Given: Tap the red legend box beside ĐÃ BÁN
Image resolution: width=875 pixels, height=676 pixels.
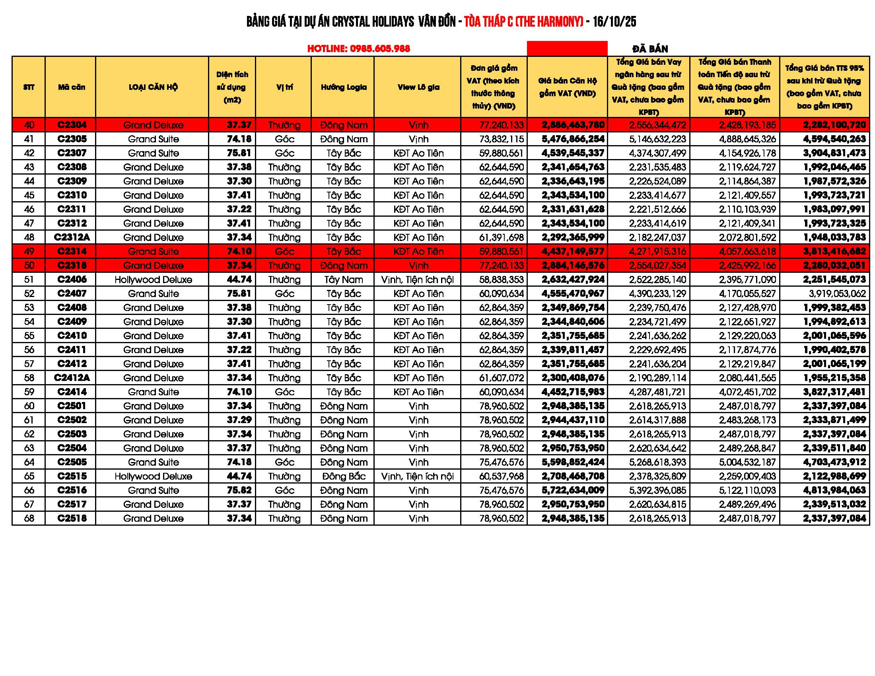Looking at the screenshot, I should [567, 49].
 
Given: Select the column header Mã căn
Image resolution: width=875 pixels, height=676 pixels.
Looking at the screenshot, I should [71, 87].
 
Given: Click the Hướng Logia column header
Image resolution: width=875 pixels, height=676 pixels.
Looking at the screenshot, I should [343, 87].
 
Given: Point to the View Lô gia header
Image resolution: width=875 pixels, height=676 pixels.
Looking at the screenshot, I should [418, 87].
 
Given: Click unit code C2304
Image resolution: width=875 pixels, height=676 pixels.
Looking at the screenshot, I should [72, 125].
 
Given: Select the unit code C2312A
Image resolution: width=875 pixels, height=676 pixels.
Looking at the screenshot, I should [72, 237].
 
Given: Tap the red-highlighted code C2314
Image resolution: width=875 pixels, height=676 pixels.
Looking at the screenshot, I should [72, 251].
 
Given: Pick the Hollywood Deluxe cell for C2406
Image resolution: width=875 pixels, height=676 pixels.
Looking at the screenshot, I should [153, 280].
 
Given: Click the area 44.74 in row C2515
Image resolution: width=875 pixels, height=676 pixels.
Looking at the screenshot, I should [239, 476].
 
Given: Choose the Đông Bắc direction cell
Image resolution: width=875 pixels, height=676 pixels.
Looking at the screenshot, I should [343, 476].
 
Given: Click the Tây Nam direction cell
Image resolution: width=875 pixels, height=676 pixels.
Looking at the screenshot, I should [343, 280].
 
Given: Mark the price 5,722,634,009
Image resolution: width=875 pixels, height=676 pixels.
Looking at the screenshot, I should [573, 490].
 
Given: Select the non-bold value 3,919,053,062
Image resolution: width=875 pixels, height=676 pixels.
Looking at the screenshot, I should [837, 293].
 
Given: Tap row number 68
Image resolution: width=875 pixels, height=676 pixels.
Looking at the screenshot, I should [29, 518].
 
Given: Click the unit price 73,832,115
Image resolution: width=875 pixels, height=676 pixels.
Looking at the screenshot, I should [501, 139].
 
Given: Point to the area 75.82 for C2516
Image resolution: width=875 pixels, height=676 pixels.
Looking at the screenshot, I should [239, 490].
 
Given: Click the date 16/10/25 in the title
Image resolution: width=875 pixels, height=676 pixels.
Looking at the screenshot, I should [614, 21].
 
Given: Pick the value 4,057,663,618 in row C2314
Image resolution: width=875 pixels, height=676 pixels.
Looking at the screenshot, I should [747, 251].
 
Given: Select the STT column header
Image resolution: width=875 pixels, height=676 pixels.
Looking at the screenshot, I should [29, 87].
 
